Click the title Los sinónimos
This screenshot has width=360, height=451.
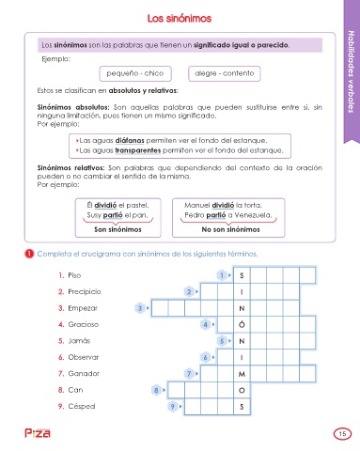180,18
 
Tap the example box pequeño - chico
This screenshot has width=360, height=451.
135,73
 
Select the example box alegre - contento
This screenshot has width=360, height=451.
225,73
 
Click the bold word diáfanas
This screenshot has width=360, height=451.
130,140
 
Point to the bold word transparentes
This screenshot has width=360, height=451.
138,150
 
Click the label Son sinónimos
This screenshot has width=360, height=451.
117,229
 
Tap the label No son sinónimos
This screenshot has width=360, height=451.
230,229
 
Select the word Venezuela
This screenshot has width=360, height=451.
253,215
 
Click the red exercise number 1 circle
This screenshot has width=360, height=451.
29,254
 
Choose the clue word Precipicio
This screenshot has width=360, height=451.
85,292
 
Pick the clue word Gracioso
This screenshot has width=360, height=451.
84,324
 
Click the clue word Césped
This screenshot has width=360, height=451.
82,406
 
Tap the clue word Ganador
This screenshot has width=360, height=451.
84,374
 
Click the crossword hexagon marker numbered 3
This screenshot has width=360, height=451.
140,308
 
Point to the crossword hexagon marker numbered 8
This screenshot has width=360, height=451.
156,390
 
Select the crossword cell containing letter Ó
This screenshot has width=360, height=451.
242,324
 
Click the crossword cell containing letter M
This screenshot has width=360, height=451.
242,374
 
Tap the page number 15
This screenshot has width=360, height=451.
342,434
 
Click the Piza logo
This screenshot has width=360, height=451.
38,433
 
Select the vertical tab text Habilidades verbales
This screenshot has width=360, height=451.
352,71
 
